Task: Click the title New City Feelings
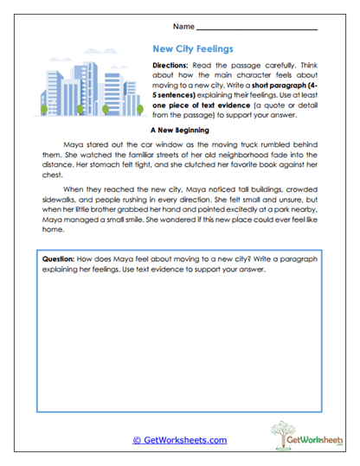tap(192, 49)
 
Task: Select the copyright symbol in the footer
tap(136, 440)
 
